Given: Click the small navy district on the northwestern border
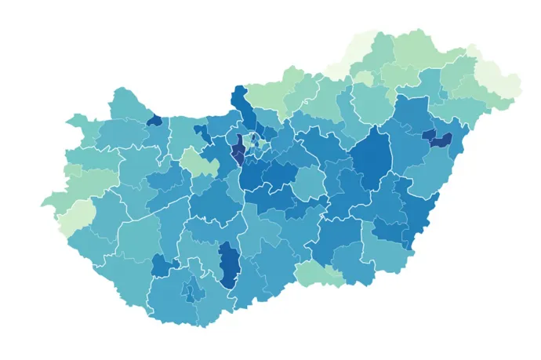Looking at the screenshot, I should (x=154, y=121).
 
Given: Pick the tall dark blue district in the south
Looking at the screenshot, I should (x=229, y=264).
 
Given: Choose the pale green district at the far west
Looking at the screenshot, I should (x=76, y=217).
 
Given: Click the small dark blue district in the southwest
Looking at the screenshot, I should (x=162, y=265).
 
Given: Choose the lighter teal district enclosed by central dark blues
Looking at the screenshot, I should (x=309, y=184).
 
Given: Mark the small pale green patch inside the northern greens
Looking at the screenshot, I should (x=364, y=78).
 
